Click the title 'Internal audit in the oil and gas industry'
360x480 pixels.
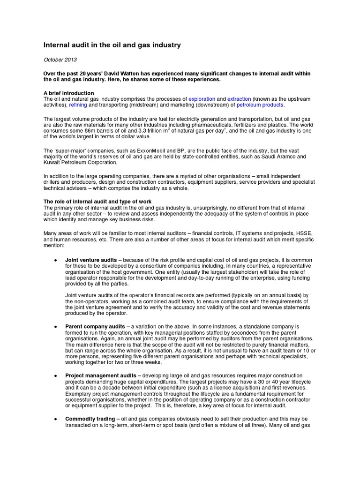(112, 45)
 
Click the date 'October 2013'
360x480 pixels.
(60, 60)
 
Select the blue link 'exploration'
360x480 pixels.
(202, 99)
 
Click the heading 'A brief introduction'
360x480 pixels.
(68, 93)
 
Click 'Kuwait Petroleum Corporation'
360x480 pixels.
(79, 162)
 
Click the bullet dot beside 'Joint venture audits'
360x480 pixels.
(56, 260)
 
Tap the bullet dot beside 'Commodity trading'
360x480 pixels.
(56, 419)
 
